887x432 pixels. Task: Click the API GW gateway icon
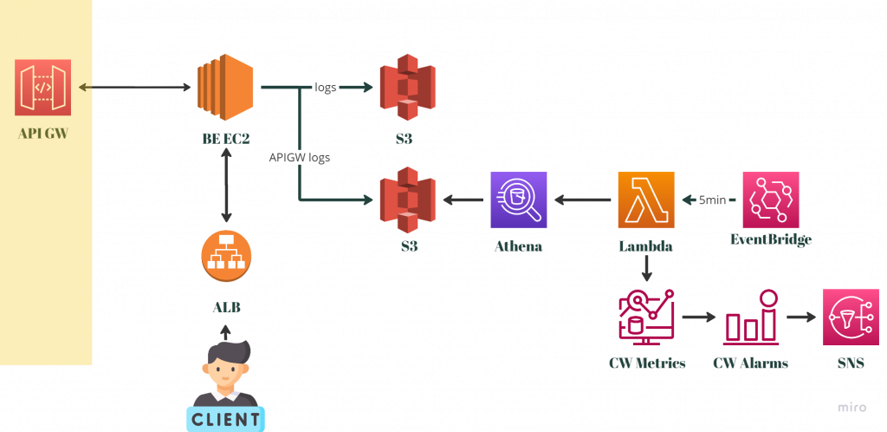(x=42, y=88)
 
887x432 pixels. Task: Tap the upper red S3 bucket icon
(x=407, y=88)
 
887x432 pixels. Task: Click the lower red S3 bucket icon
(x=407, y=200)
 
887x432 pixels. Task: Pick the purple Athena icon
(x=519, y=200)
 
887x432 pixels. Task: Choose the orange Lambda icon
(x=646, y=200)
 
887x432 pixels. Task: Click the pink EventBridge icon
(x=771, y=200)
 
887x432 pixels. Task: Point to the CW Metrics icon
(x=646, y=317)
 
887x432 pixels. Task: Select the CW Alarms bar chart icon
(x=752, y=317)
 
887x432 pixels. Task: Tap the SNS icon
(x=851, y=317)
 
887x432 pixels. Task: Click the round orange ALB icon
(x=226, y=258)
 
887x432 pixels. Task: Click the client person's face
(x=225, y=370)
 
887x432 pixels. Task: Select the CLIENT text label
(x=225, y=420)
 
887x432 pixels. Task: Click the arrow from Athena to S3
(x=464, y=200)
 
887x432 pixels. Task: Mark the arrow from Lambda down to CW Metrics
(x=646, y=271)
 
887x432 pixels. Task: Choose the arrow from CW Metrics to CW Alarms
(x=699, y=317)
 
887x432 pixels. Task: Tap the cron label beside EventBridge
(x=713, y=201)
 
